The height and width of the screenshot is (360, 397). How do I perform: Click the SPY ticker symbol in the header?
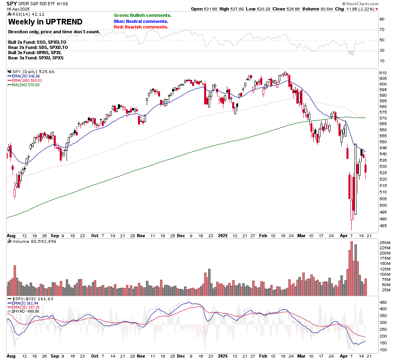[x=11, y=4]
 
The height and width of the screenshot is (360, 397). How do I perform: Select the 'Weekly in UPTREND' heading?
[x=45, y=22]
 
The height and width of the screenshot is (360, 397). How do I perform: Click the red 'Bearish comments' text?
[x=141, y=27]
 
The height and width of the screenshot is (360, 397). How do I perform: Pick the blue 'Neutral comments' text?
[x=141, y=21]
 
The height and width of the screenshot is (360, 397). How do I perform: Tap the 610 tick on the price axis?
[x=384, y=73]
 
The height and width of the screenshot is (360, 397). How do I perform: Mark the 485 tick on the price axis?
[x=384, y=226]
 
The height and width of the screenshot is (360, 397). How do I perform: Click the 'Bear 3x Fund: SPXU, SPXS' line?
[x=35, y=58]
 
